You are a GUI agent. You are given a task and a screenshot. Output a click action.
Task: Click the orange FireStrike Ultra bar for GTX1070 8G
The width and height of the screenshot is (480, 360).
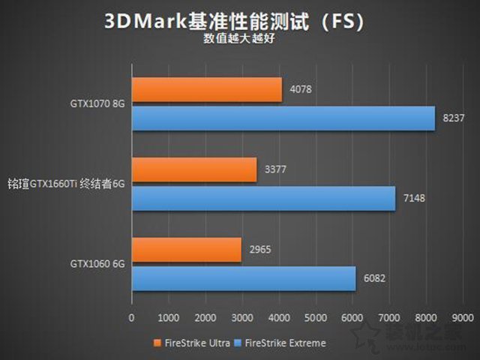pyautogui.click(x=207, y=91)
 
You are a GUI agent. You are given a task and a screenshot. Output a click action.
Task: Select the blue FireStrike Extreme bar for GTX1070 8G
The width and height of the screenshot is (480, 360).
pyautogui.click(x=283, y=118)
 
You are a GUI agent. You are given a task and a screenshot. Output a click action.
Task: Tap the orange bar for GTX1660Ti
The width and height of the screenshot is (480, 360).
pyautogui.click(x=194, y=170)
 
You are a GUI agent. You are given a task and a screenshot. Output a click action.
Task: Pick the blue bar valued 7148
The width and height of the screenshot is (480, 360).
pyautogui.click(x=263, y=198)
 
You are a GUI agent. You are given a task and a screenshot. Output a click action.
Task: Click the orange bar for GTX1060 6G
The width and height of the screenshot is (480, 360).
pyautogui.click(x=187, y=250)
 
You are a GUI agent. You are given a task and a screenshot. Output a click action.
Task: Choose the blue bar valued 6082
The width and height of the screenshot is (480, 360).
pyautogui.click(x=244, y=277)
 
